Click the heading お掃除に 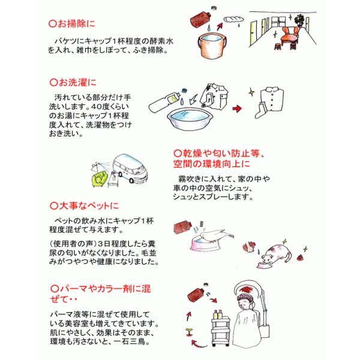(x=72, y=24)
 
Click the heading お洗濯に (x=73, y=82)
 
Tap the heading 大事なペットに (x=84, y=205)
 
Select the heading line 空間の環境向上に (x=211, y=164)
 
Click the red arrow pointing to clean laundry (x=237, y=109)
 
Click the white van (x=130, y=168)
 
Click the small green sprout (x=189, y=332)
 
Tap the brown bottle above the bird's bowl (x=182, y=227)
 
